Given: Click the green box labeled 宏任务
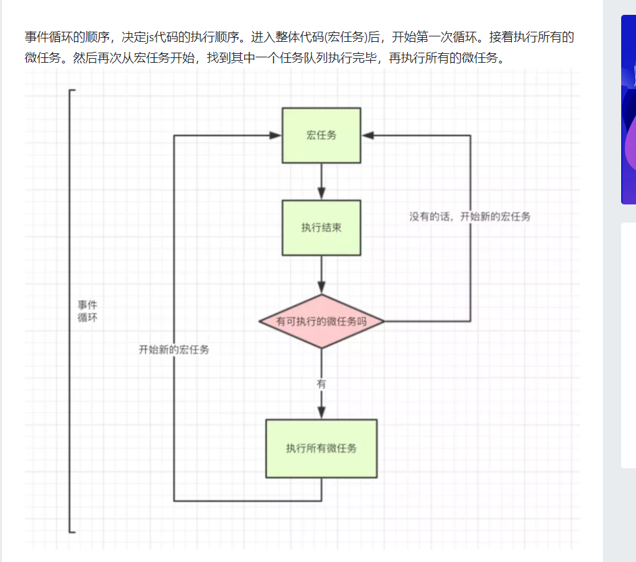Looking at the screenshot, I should coord(321,135).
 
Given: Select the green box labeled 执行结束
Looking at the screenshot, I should coord(321,227).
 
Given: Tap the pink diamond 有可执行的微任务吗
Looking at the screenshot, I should coord(321,321).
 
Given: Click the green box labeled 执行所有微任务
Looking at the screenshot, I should coord(321,448).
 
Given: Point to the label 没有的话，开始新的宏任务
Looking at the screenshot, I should coord(469,217).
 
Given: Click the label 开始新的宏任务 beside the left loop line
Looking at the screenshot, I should coord(174,349).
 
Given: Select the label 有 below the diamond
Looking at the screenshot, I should coord(321,384).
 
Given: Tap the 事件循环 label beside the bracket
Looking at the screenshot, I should coord(87,311).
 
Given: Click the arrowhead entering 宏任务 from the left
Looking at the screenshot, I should coord(275,136).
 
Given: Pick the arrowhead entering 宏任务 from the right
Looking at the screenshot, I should coord(368,136).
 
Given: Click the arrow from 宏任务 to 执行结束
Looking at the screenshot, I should coord(322,181).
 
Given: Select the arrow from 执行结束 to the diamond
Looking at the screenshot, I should coord(322,274).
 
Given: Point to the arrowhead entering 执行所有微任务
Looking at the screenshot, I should coord(322,412).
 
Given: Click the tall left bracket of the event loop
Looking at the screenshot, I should coord(69,310).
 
